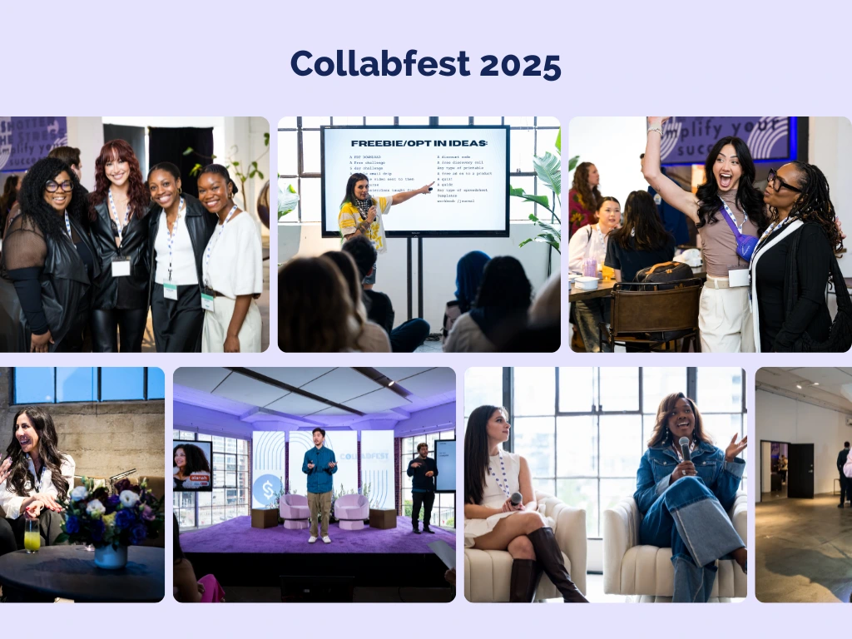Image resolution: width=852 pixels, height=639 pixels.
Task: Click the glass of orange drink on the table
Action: pyautogui.click(x=32, y=536)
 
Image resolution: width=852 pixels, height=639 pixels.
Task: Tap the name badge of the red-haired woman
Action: pyautogui.click(x=121, y=266)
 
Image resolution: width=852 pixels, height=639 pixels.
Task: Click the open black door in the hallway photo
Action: pyautogui.click(x=800, y=470)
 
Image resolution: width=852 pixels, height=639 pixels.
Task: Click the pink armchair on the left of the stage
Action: pyautogui.click(x=294, y=509)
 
